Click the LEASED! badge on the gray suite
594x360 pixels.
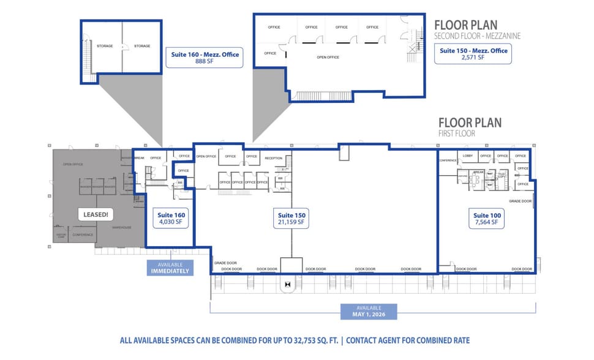coord(95,215)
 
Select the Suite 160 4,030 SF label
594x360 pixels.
coord(171,219)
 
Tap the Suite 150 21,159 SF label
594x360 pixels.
coord(291,219)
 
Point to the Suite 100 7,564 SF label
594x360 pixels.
coord(488,219)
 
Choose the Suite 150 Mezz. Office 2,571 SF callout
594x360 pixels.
coord(472,54)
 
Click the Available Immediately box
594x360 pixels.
coord(170,267)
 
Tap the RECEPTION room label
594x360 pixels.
coord(273,158)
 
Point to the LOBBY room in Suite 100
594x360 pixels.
coord(468,156)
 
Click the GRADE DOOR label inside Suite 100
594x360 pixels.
coord(520,201)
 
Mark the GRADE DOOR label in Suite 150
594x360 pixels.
coord(225,263)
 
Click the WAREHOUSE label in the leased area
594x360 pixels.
coord(122,227)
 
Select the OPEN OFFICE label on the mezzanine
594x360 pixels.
coord(328,57)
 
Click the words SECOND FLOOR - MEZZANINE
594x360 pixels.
coord(477,36)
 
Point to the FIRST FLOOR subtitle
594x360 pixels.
coord(456,133)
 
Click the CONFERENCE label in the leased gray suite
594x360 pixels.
coord(83,234)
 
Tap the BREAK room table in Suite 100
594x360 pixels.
coord(479,178)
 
